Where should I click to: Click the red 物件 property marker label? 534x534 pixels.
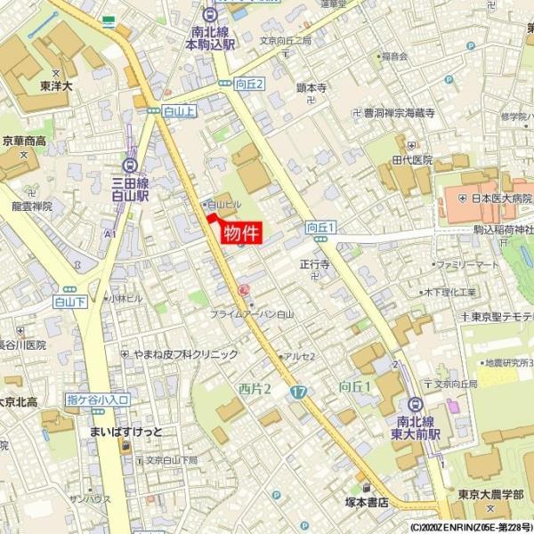tap(241, 233)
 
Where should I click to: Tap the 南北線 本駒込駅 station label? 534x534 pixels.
tap(210, 36)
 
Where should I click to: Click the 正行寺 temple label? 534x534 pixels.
tap(314, 264)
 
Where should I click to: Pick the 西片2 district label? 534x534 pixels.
tap(255, 389)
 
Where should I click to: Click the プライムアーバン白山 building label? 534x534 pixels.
tap(252, 315)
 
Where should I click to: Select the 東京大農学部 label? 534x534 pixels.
tap(485, 495)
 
